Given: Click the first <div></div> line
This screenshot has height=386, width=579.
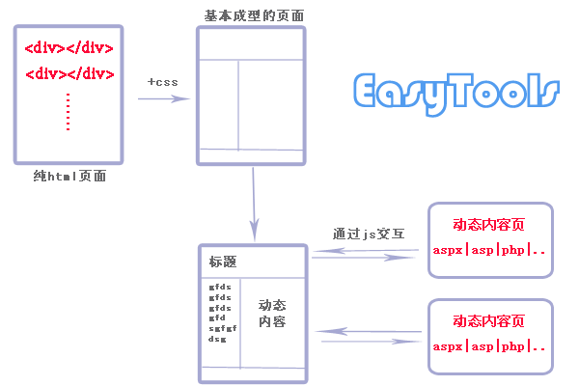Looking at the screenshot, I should [69, 47].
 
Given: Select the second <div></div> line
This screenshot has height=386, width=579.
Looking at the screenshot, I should [69, 72].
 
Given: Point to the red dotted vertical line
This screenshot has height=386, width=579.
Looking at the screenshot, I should [69, 112].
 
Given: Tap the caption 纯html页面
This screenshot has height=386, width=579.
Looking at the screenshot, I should [69, 177].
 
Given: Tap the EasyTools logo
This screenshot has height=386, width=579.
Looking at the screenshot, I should [455, 93].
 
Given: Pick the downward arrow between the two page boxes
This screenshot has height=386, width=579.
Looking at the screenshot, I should [253, 203].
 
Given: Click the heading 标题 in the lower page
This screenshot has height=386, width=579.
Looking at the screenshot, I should [223, 262].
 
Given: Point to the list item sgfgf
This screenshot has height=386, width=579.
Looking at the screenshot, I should [223, 328].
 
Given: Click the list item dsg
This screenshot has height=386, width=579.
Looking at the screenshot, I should [218, 339].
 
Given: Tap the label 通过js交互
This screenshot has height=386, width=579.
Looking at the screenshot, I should [368, 233].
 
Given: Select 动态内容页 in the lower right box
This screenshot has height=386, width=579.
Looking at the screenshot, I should [488, 321].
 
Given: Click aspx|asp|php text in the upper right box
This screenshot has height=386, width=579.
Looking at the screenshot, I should [489, 250].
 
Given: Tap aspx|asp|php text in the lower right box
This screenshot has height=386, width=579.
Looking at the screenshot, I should [489, 345].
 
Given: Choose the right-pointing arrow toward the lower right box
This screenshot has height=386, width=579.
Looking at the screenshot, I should [372, 341].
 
